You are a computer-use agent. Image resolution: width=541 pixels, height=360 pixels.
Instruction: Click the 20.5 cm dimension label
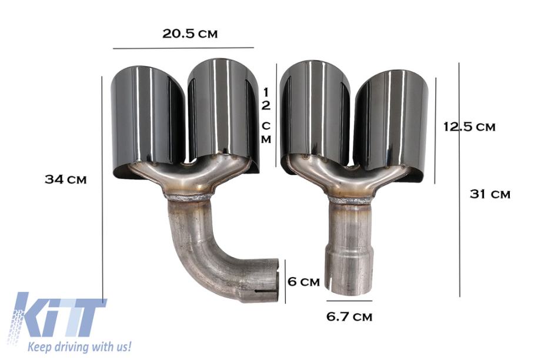pyautogui.click(x=190, y=34)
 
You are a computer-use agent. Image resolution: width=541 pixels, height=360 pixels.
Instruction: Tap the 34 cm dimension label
pyautogui.click(x=65, y=179)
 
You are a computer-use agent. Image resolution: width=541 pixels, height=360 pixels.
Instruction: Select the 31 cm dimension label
pyautogui.click(x=490, y=194)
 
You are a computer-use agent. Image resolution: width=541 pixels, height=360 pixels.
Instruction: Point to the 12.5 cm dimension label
pyautogui.click(x=469, y=126)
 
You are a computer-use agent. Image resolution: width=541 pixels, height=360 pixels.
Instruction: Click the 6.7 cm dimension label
pyautogui.click(x=349, y=316)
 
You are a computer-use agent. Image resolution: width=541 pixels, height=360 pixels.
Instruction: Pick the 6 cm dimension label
pyautogui.click(x=304, y=282)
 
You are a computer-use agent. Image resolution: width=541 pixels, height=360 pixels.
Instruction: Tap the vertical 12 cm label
pyautogui.click(x=266, y=116)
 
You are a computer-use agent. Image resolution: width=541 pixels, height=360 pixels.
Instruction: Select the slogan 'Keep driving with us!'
pyautogui.click(x=80, y=346)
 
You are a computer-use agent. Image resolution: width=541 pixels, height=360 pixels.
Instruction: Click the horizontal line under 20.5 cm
pyautogui.click(x=183, y=48)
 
